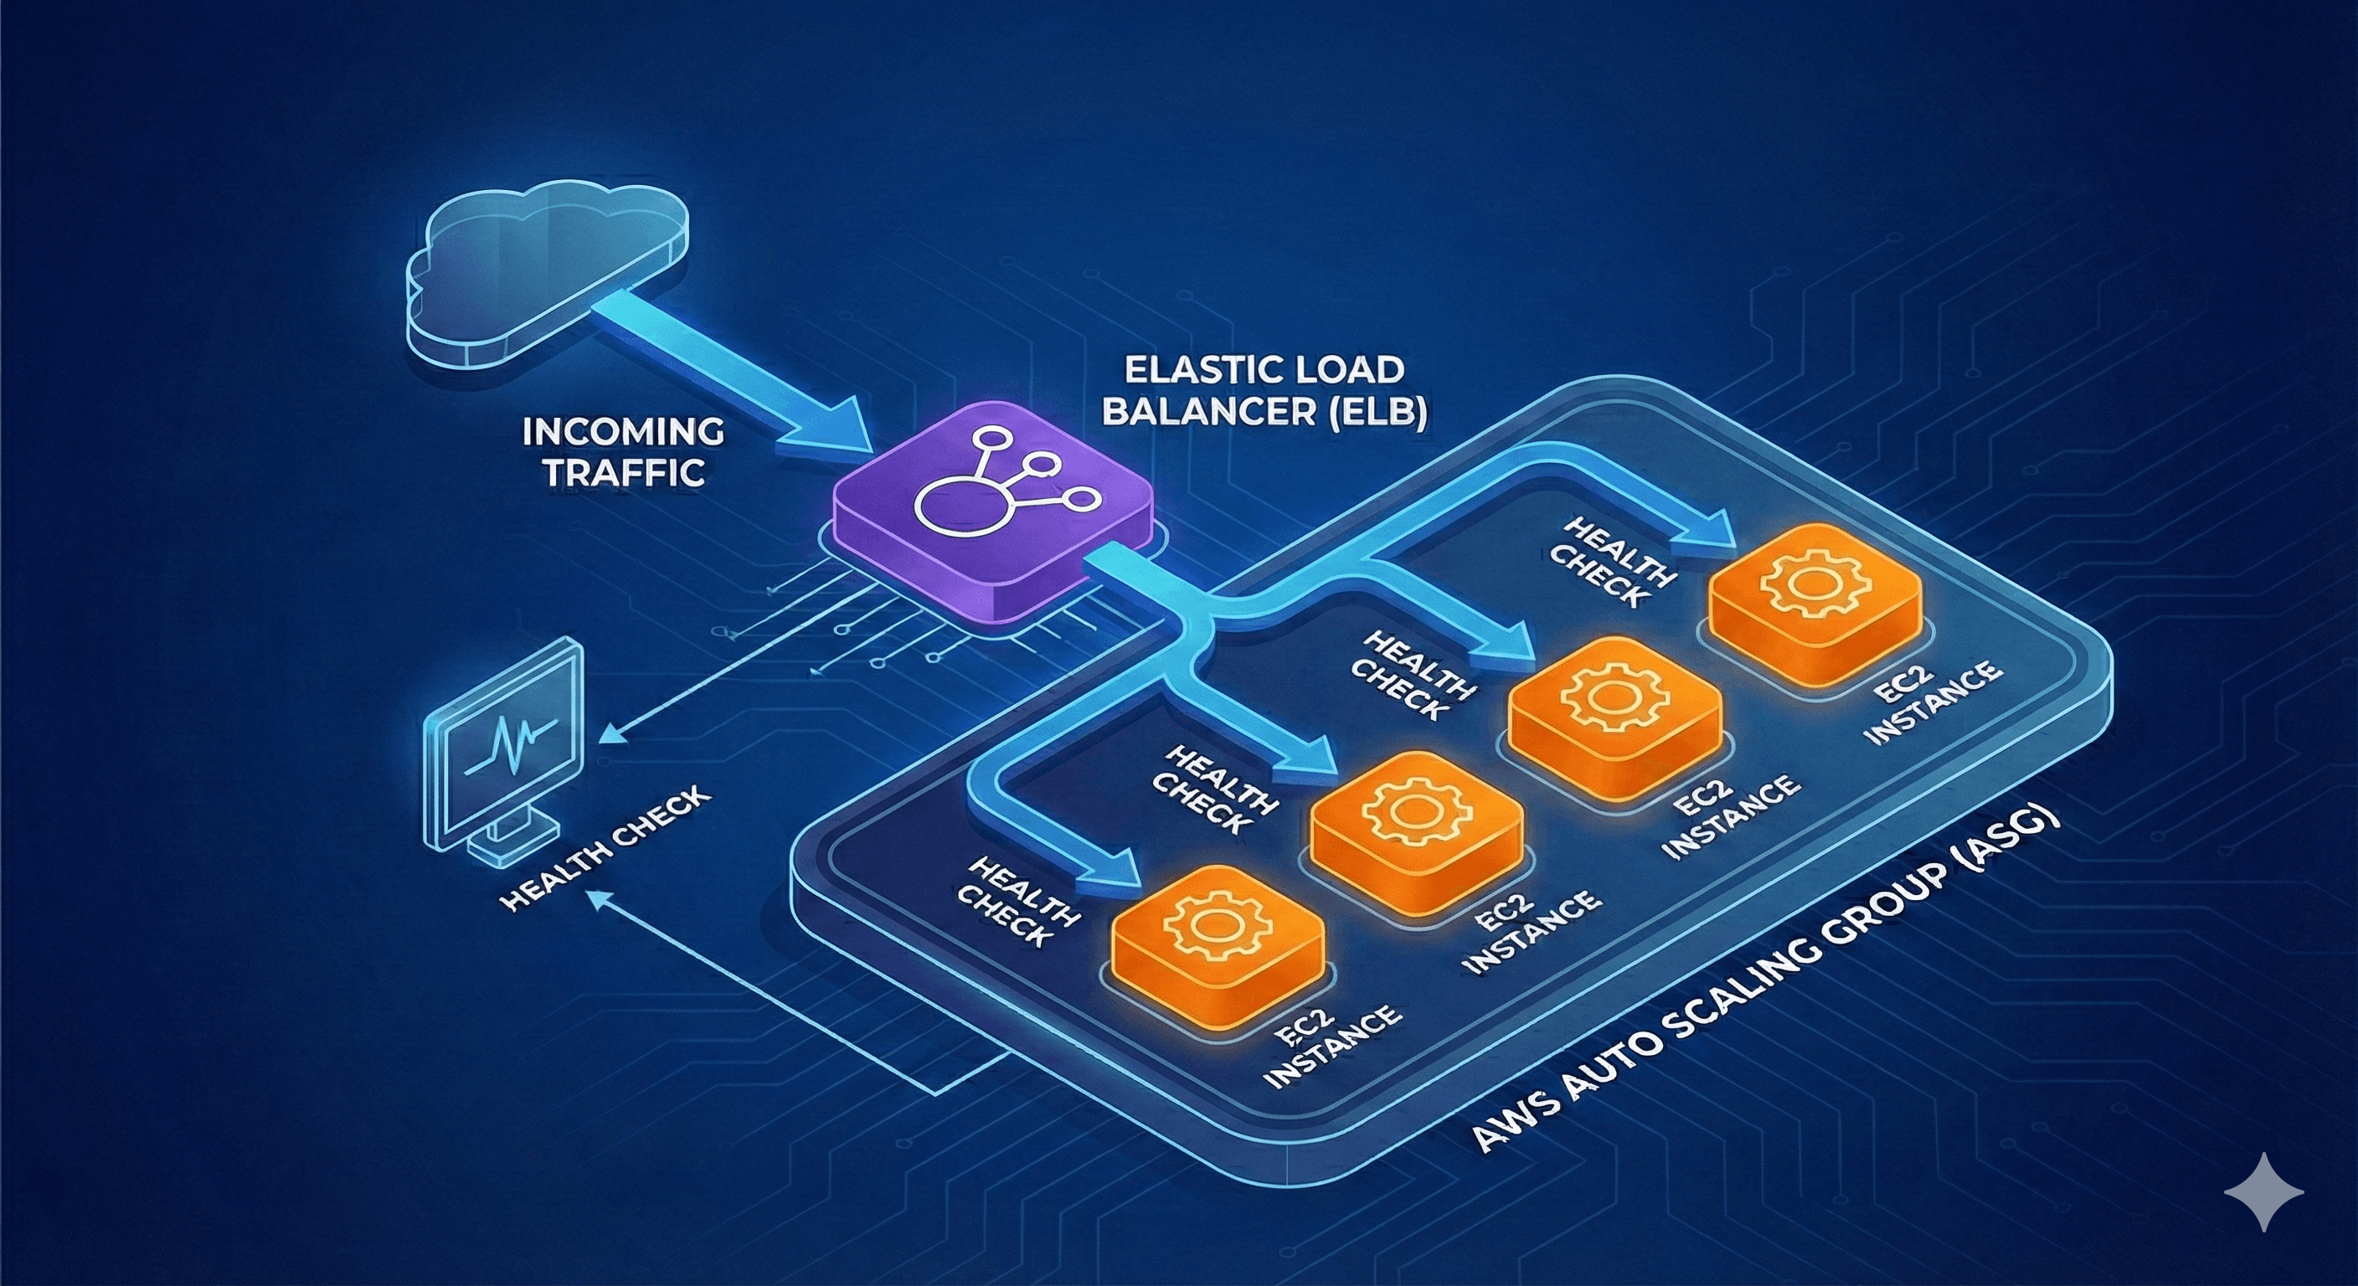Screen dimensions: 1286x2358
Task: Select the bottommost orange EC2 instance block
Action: [x=1218, y=943]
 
